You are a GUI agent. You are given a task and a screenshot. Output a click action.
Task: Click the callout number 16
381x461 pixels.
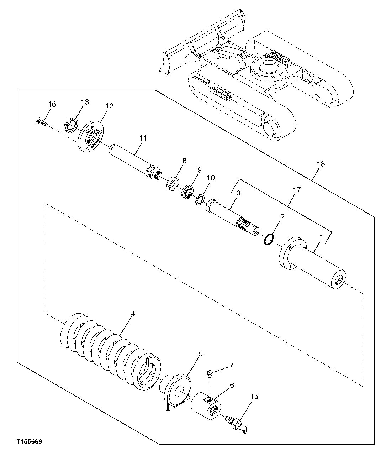(52, 104)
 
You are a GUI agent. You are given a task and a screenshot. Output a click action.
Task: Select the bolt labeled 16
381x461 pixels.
(41, 122)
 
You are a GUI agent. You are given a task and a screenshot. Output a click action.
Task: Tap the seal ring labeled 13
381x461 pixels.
(71, 125)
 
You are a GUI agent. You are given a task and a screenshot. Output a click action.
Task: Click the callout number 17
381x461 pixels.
(296, 190)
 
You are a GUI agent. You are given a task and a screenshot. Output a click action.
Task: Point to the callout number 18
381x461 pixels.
(321, 164)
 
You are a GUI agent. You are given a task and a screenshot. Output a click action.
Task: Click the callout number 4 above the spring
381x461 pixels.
(133, 314)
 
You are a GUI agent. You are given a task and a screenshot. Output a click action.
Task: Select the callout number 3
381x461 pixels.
(238, 193)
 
